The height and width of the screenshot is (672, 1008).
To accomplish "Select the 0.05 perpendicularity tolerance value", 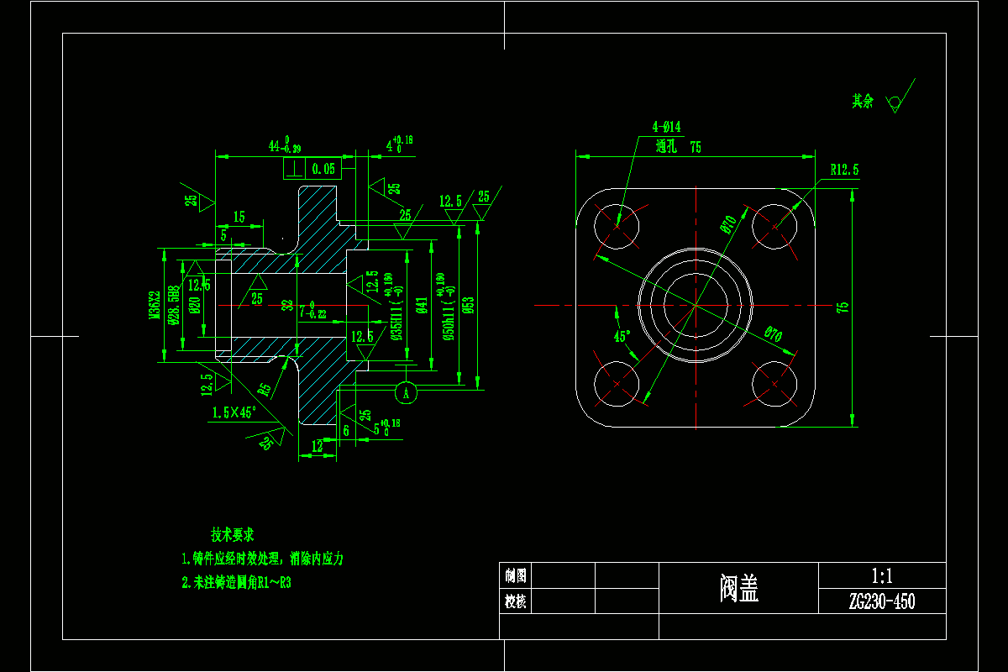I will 323,169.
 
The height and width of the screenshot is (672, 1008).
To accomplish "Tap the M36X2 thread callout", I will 155,306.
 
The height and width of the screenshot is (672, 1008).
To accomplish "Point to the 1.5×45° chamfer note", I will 234,412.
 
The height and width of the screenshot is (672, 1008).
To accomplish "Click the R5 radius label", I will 265,389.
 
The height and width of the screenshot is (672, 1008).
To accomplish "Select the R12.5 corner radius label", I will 844,170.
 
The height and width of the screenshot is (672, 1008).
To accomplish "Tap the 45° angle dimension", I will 622,337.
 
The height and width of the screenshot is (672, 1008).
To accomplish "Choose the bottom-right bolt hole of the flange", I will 774,384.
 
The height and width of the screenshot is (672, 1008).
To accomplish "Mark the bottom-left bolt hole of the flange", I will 617,384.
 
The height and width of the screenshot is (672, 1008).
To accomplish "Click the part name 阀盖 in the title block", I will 739,589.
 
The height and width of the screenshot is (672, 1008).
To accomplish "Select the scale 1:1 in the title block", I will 881,576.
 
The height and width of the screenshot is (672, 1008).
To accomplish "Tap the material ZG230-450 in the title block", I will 881,601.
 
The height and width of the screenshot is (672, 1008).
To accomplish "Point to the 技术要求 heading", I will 233,535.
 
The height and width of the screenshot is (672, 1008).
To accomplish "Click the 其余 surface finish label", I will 863,102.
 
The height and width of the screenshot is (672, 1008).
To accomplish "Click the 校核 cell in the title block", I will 515,601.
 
